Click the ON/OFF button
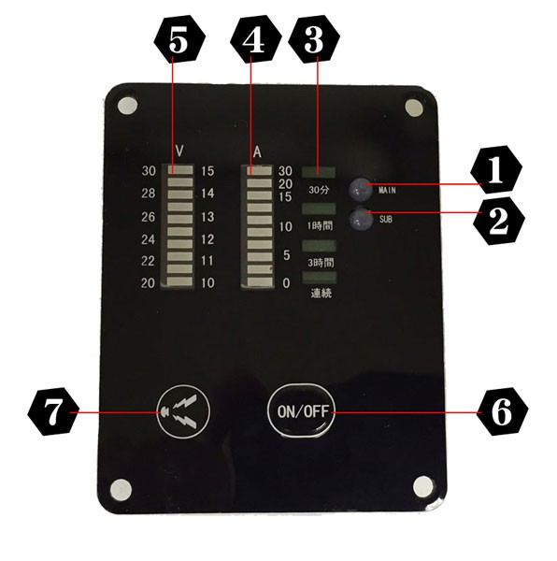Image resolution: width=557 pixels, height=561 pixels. pos(301,411)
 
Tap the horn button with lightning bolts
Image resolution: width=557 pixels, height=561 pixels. pos(183,411)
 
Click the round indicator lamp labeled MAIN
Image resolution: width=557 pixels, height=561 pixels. pos(360,189)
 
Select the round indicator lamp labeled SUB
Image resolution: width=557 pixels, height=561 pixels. pos(361,218)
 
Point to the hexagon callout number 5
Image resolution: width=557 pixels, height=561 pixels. pos(179,39)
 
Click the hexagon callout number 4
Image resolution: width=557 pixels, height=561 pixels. pos(255,39)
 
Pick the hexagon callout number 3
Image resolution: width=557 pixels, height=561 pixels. pos(313,39)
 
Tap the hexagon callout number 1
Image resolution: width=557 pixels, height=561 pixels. pos(496,169)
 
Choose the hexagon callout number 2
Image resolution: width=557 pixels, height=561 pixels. pos(499,221)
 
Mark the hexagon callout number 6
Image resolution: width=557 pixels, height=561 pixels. pos(502,411)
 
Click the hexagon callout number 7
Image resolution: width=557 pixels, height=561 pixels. pos(53,411)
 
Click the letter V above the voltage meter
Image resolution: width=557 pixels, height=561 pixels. pos(179,151)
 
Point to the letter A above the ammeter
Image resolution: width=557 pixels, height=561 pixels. pos(257,152)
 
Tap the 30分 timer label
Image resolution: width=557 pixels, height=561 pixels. pos(319,189)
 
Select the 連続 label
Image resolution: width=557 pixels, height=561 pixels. pos(321,293)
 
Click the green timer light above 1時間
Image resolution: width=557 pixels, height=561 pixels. pos(319,209)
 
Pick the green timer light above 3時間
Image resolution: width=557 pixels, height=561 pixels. pos(319,246)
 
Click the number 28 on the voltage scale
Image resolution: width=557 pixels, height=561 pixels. pos(149,194)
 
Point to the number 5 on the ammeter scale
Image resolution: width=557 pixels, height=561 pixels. pos(286,255)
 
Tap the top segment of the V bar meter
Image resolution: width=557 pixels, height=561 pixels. pos(180,169)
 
